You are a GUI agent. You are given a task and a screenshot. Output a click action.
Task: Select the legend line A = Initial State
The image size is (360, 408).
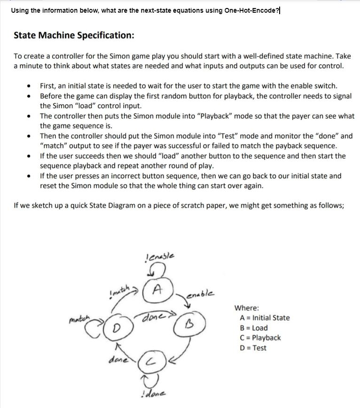tap(265, 318)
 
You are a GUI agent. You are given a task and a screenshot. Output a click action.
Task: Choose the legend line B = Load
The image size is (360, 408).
tap(254, 328)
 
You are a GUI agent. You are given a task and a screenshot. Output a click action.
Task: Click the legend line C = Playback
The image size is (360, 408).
tap(260, 337)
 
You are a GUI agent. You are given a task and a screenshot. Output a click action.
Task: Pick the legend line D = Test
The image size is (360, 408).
tap(253, 348)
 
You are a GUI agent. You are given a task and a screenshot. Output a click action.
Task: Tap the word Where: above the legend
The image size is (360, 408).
tap(247, 308)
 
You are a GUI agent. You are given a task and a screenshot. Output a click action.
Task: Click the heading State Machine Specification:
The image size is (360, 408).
tap(74, 35)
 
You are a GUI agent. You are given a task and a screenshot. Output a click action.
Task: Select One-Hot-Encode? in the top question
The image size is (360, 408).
tap(252, 10)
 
